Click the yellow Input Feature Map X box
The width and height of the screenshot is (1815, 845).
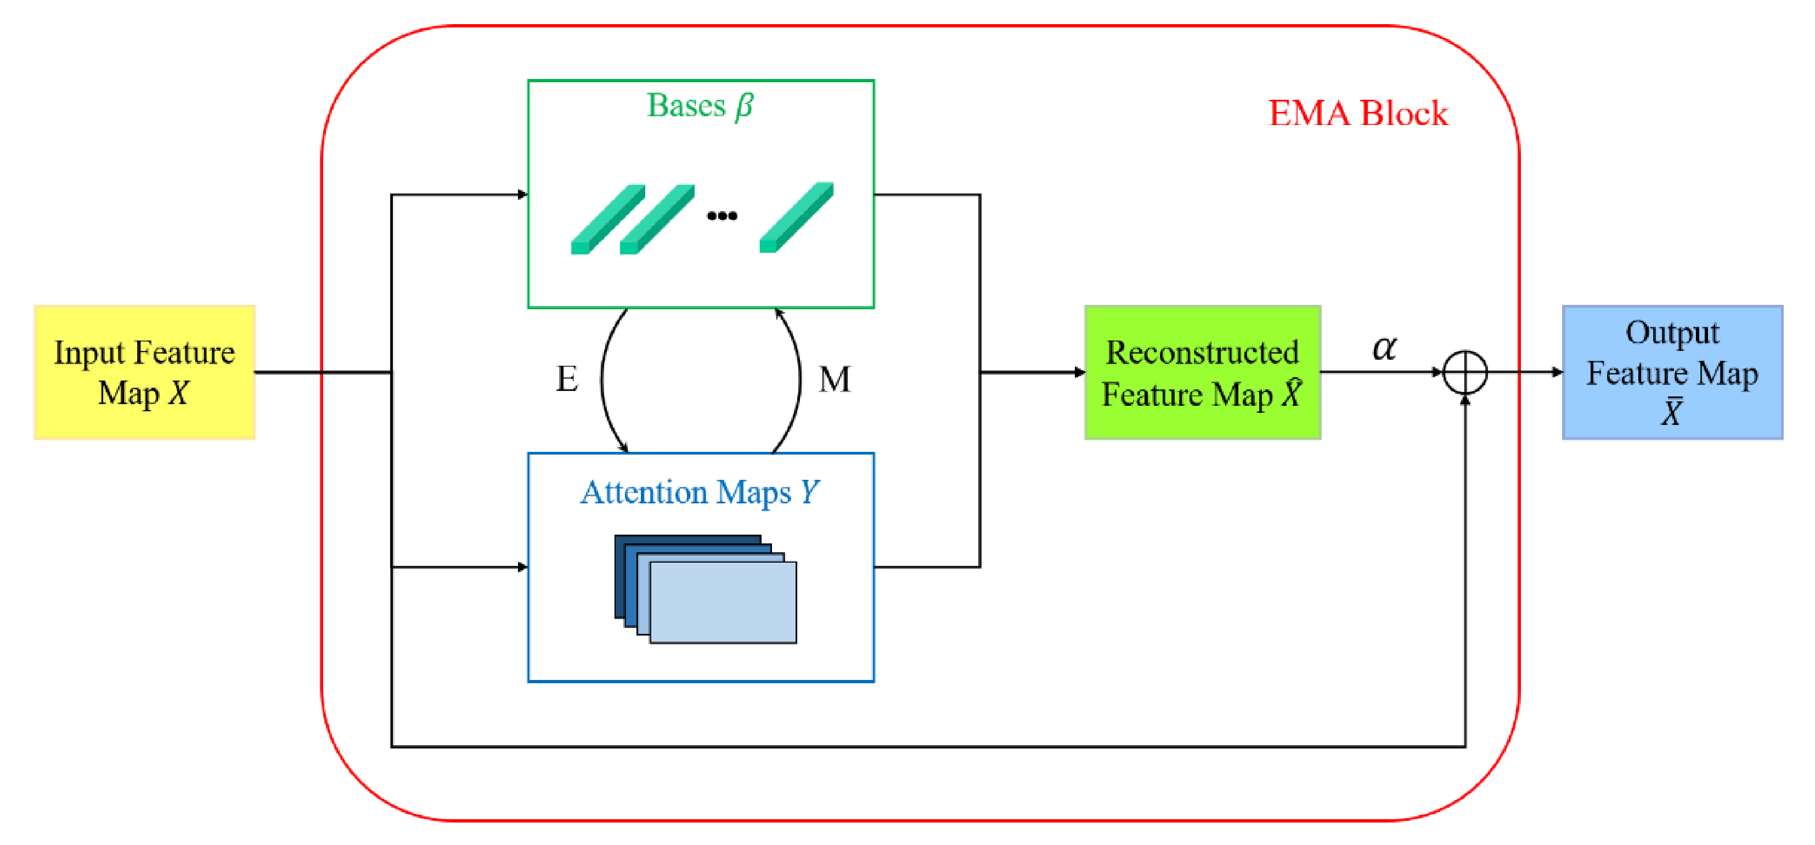click(x=144, y=372)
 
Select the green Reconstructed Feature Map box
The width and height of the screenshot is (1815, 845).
click(x=1202, y=372)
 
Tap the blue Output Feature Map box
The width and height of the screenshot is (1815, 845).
click(x=1672, y=372)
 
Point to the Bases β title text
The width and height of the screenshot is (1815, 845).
click(x=700, y=106)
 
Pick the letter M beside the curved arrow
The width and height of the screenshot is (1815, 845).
click(x=835, y=379)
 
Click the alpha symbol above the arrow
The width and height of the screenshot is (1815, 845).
click(x=1384, y=347)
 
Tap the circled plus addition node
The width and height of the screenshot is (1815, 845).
click(x=1465, y=372)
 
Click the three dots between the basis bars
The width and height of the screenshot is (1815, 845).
click(x=722, y=215)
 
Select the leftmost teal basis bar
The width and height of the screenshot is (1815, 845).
click(x=607, y=219)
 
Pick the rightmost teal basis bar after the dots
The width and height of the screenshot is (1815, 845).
click(x=796, y=217)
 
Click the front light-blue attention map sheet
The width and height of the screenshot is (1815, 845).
click(x=723, y=602)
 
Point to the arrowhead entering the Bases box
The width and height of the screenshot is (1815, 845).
click(x=522, y=194)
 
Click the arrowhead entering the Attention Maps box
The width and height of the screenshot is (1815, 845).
click(x=522, y=567)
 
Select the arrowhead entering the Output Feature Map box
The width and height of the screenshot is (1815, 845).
click(x=1557, y=372)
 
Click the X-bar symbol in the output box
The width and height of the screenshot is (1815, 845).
click(x=1671, y=412)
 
